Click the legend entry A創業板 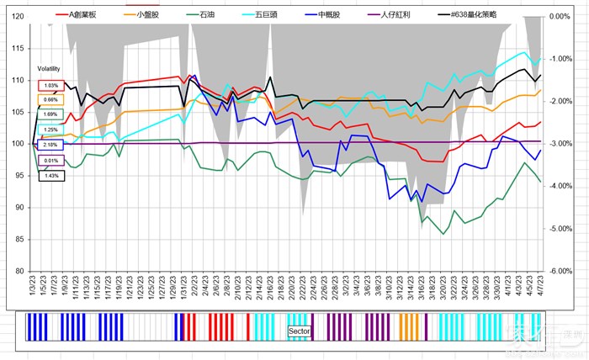[x=83, y=15]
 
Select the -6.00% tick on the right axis [x=561, y=271]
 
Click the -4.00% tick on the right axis [x=561, y=186]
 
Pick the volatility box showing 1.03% [x=50, y=86]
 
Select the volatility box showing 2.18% [x=50, y=145]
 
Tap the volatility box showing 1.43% [x=50, y=176]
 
